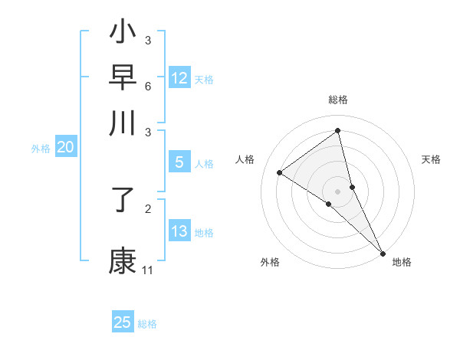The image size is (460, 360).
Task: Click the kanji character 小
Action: tap(123, 33)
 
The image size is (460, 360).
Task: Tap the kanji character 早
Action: tap(123, 77)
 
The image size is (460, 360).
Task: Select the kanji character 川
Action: tap(123, 123)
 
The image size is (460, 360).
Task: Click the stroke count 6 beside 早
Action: tap(147, 85)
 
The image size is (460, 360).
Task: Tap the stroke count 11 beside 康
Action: tap(147, 270)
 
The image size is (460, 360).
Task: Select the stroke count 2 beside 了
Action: tap(147, 208)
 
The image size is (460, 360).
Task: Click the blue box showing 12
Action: tap(179, 78)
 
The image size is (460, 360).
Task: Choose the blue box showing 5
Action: tap(179, 162)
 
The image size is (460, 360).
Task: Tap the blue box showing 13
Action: tap(179, 231)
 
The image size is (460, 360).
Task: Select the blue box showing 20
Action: tap(65, 148)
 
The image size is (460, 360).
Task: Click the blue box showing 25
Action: tap(123, 322)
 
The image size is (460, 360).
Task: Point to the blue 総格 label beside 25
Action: tap(147, 324)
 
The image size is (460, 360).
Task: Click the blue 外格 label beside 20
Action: tap(41, 149)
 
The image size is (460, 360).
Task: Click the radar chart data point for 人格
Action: tap(280, 172)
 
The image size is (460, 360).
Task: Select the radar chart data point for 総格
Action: tap(338, 130)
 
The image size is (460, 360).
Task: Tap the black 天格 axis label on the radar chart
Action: tap(432, 159)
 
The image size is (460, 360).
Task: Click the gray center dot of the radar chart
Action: tap(338, 191)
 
